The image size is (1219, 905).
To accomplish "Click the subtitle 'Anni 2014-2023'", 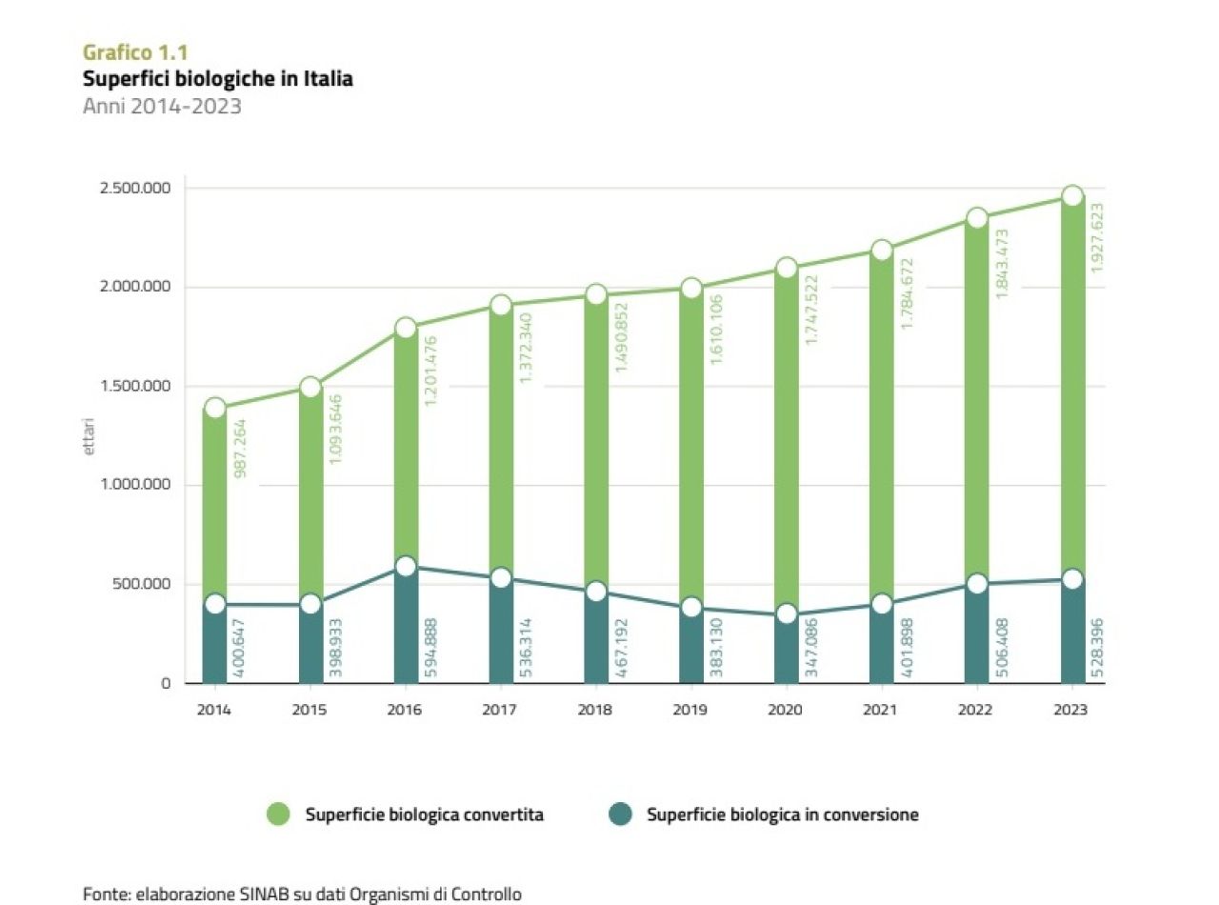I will [162, 106].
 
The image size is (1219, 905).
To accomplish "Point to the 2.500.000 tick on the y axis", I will [136, 188].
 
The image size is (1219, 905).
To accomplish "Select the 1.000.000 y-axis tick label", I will [136, 485].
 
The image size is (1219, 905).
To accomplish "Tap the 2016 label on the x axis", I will [405, 711].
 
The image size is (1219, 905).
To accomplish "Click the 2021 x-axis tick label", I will [881, 711].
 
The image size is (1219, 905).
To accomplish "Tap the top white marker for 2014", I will [215, 408].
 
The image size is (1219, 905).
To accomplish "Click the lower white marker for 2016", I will [406, 567].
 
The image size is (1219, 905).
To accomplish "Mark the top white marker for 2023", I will [1072, 196].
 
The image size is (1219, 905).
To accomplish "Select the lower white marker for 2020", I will [787, 614].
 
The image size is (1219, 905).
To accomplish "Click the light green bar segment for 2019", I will [691, 448].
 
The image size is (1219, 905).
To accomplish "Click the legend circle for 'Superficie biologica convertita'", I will [278, 814].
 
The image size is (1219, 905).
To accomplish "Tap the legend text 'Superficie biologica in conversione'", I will [782, 814].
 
